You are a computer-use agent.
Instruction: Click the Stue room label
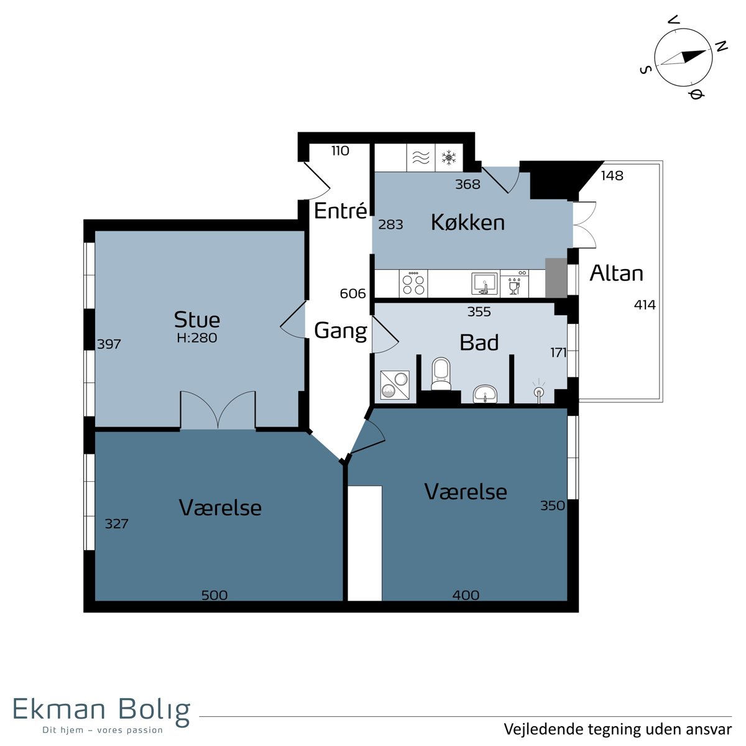tap(196, 320)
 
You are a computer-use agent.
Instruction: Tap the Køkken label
tap(467, 223)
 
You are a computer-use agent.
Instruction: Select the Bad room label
tap(479, 342)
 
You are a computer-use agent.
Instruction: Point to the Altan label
tap(616, 273)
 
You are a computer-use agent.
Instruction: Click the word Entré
tap(340, 211)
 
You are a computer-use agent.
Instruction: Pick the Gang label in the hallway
tap(340, 331)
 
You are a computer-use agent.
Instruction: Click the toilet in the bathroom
tap(441, 374)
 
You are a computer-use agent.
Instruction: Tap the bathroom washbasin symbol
tap(485, 394)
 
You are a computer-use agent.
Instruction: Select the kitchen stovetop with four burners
tap(413, 283)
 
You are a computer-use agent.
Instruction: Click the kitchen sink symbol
tap(484, 283)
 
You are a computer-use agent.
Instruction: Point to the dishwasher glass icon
tap(514, 285)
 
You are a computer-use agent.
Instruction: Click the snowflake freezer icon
tap(449, 157)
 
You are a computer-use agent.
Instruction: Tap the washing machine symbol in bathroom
tap(395, 385)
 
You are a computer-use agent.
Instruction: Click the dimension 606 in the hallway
tap(352, 294)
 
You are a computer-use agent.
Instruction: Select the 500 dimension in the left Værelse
tap(214, 595)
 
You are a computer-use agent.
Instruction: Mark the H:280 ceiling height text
tap(197, 338)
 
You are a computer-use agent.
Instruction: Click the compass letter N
tap(721, 46)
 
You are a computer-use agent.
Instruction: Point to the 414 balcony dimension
tap(645, 305)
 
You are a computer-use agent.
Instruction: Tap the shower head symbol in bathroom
tap(539, 392)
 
